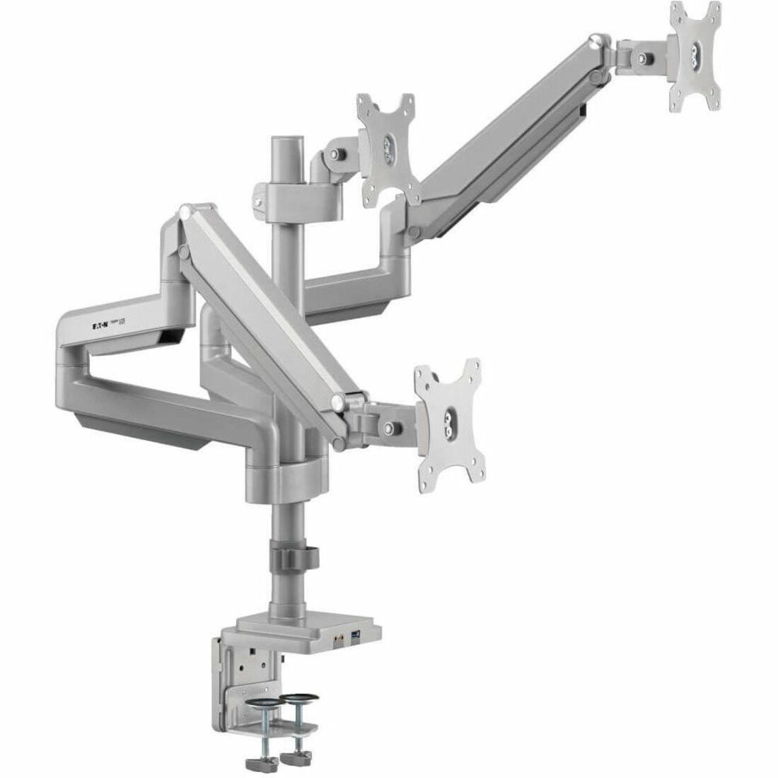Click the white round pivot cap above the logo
[185, 210]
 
